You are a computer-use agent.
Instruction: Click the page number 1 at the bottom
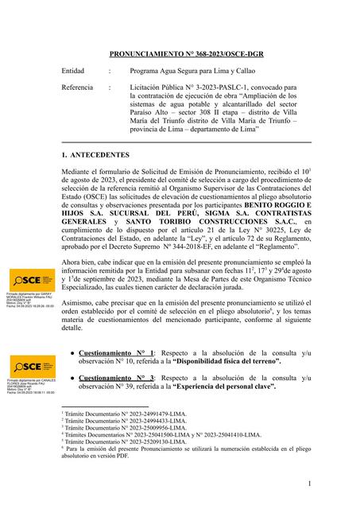click(x=308, y=484)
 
